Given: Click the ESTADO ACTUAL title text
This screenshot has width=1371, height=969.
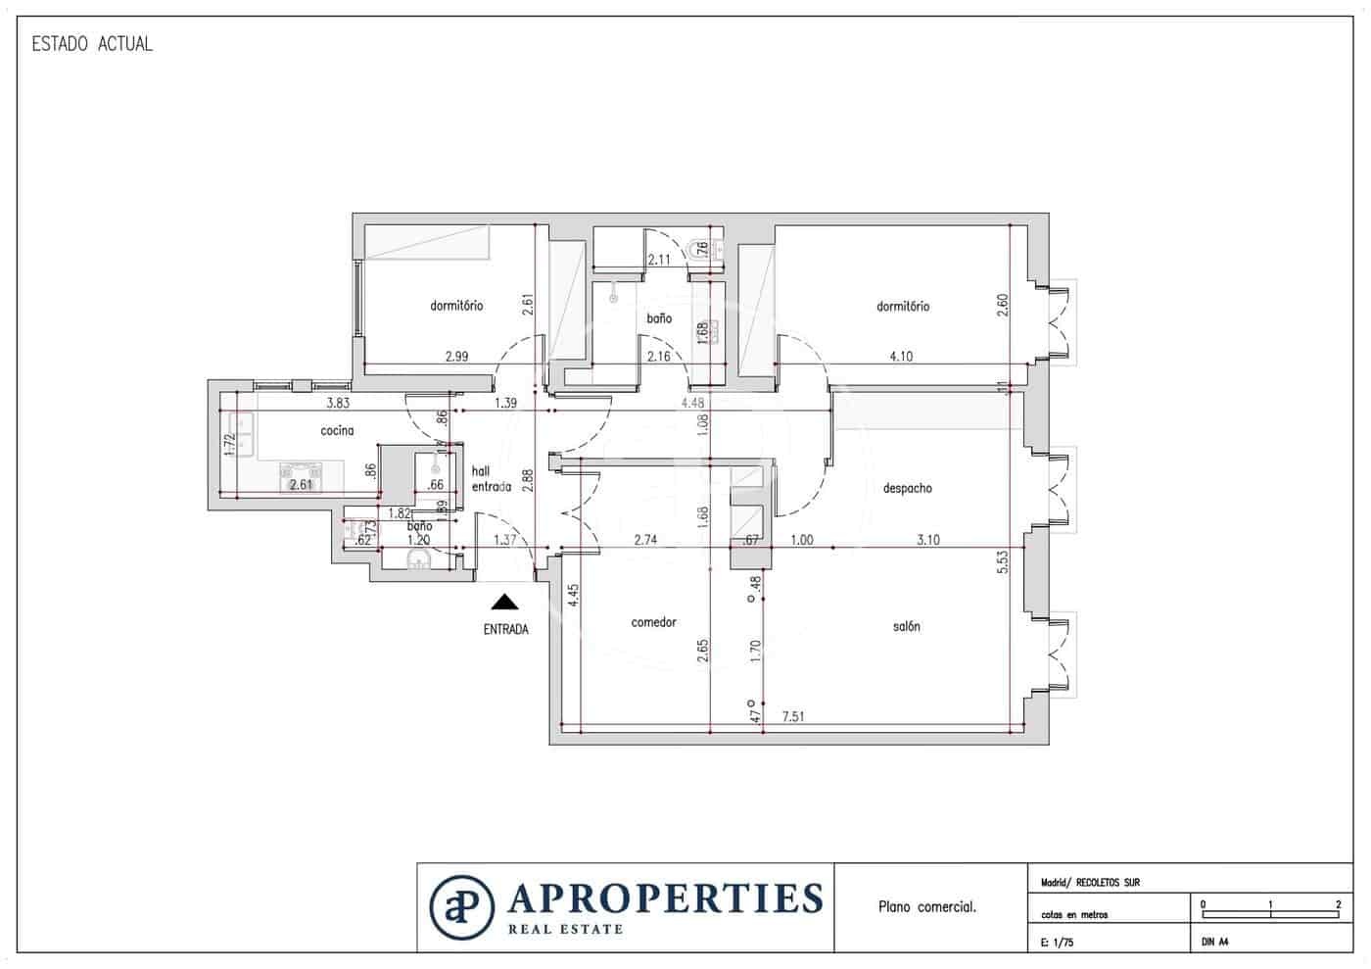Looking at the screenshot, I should pyautogui.click(x=92, y=44).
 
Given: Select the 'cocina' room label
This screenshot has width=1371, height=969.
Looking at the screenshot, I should pyautogui.click(x=337, y=431).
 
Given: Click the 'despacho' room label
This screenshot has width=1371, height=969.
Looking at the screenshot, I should pyautogui.click(x=907, y=488).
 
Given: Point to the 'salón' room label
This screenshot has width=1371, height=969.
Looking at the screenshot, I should pyautogui.click(x=906, y=626).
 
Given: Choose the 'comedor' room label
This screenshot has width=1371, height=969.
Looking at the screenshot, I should pyautogui.click(x=653, y=622).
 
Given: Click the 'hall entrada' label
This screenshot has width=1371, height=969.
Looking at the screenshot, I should pyautogui.click(x=491, y=479).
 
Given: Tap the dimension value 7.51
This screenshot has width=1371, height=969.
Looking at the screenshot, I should pyautogui.click(x=793, y=717).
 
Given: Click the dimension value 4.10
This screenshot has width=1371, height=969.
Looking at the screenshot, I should pyautogui.click(x=900, y=357).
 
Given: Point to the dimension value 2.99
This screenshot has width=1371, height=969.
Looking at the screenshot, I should pyautogui.click(x=456, y=357).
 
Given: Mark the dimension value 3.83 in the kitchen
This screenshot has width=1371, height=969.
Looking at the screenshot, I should pyautogui.click(x=338, y=403).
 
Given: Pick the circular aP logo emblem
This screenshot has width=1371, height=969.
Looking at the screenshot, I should pyautogui.click(x=461, y=907).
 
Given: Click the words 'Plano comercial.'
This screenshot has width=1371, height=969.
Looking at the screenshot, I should pyautogui.click(x=926, y=907).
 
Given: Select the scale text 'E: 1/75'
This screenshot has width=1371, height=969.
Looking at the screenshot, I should pyautogui.click(x=1058, y=943).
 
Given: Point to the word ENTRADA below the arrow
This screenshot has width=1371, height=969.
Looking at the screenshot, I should pyautogui.click(x=505, y=630).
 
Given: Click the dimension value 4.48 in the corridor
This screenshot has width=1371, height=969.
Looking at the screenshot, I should pyautogui.click(x=693, y=403).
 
